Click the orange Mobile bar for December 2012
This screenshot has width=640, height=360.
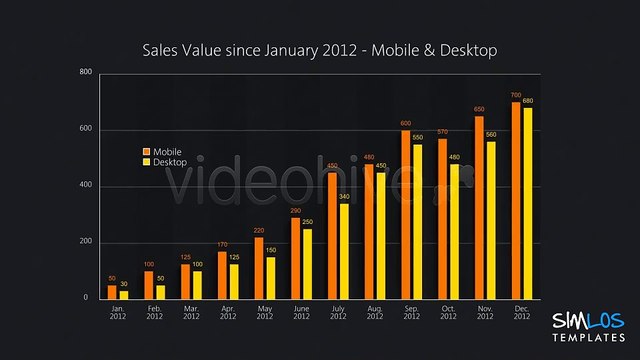click(x=516, y=200)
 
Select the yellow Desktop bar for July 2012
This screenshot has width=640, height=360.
click(x=344, y=251)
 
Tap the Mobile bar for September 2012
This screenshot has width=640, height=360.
click(x=406, y=214)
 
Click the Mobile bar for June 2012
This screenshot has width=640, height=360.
click(x=296, y=258)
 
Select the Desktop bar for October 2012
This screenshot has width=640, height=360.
click(x=455, y=231)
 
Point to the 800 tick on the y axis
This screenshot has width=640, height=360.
click(x=86, y=73)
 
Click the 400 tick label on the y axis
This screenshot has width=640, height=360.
click(x=86, y=186)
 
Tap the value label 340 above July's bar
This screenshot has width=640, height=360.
click(x=344, y=197)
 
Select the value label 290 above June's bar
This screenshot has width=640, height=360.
click(x=296, y=211)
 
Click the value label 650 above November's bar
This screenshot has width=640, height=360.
click(x=479, y=109)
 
